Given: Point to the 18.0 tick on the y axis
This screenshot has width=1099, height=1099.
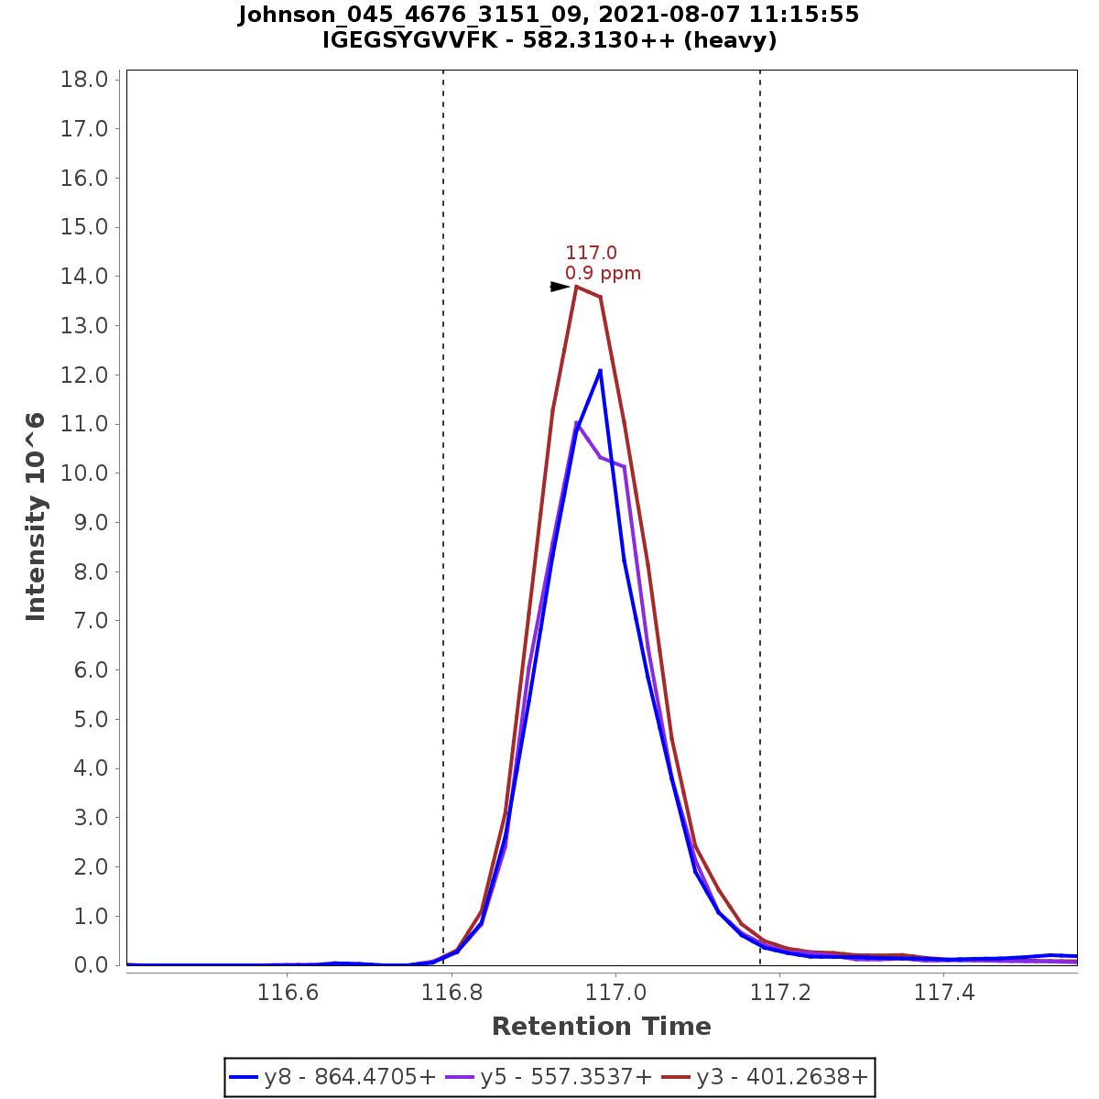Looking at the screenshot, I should (85, 80).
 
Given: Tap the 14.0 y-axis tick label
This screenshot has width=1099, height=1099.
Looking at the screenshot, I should (85, 277).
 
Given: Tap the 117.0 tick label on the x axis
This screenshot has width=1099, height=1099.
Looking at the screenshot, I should (616, 993).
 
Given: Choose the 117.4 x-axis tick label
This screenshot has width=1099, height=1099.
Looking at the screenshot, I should (945, 993).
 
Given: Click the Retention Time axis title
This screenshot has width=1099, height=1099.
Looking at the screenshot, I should (601, 1027).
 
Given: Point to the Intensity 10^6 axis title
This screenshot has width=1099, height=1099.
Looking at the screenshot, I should (36, 517).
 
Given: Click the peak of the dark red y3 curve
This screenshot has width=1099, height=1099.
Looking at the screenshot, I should (576, 287).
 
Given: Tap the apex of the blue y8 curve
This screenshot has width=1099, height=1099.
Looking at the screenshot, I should (600, 370).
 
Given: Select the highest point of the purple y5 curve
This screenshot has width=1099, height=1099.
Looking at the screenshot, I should (576, 422).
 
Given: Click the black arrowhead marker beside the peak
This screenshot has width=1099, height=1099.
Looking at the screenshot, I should (559, 287).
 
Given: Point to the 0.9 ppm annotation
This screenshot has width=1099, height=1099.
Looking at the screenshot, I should (603, 273).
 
